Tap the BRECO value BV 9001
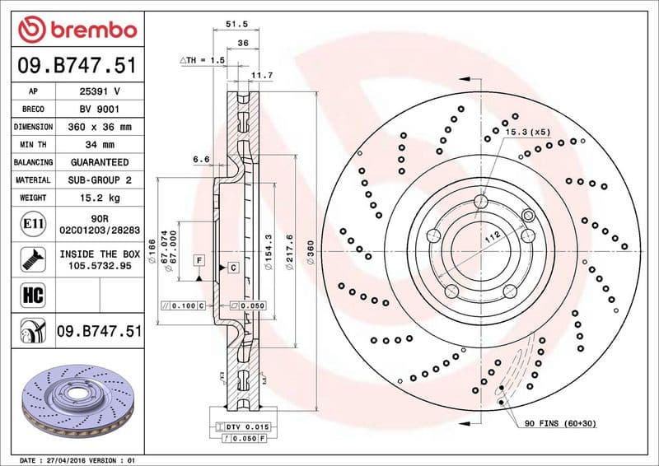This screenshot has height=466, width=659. coord(100,110)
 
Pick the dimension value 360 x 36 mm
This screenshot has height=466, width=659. coord(100,128)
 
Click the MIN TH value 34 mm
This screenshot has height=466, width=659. coord(100,145)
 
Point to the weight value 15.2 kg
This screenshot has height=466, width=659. coord(100,198)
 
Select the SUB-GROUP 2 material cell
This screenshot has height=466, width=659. coord(100,179)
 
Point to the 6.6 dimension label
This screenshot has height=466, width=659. coord(201,158)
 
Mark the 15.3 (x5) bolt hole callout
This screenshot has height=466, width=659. coord(528,132)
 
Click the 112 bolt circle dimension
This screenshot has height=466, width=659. coord(493,237)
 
